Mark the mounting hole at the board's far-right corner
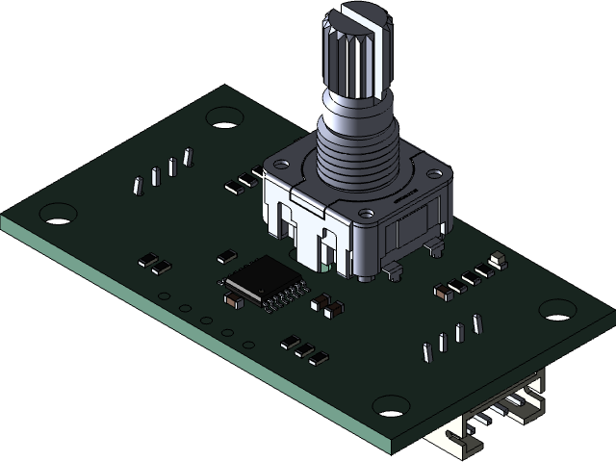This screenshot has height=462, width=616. pyautogui.click(x=557, y=309)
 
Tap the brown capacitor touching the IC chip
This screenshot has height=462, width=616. pyautogui.click(x=231, y=298)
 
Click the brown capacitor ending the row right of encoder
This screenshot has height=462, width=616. pyautogui.click(x=442, y=290)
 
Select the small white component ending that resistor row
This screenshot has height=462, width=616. pyautogui.click(x=498, y=260)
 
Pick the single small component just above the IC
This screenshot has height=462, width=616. pyautogui.click(x=225, y=256)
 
